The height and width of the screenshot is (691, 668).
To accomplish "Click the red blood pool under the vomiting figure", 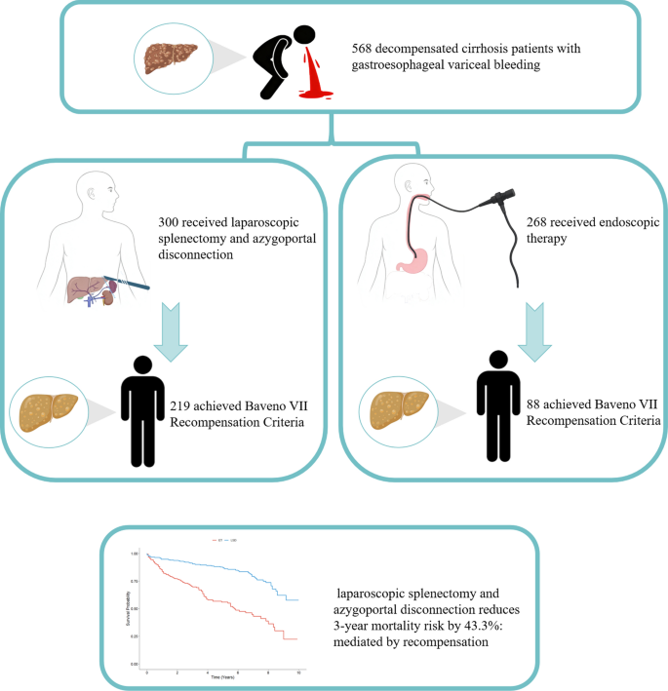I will coord(317,94).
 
